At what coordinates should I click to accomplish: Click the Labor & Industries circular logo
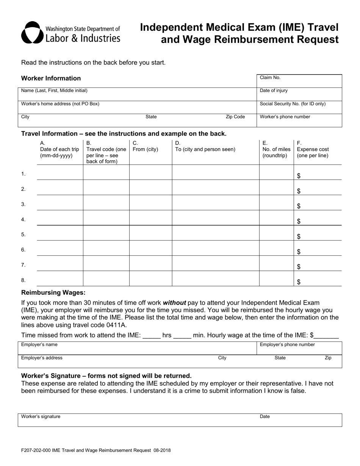pos(33,33)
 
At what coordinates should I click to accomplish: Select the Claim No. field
pos(299,81)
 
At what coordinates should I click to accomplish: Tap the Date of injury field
pos(299,94)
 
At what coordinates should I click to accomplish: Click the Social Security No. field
pos(299,108)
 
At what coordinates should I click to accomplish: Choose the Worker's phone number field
pos(299,121)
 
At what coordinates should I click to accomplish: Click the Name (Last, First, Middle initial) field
pos(136,94)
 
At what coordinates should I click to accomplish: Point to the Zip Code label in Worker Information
pos(235,117)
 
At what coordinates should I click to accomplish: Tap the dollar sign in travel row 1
pos(299,176)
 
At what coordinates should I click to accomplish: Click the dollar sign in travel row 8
pos(299,282)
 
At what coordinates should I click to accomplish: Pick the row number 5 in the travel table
pos(23,235)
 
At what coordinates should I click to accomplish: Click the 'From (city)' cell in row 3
pos(150,203)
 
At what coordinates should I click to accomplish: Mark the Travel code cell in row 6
pos(106,248)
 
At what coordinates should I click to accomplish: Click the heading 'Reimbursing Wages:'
pos(53,292)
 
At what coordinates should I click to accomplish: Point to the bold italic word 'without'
pos(174,303)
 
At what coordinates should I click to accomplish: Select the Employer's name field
pos(136,348)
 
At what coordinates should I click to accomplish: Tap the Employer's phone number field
pos(299,348)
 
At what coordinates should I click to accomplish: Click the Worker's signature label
pos(41,416)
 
